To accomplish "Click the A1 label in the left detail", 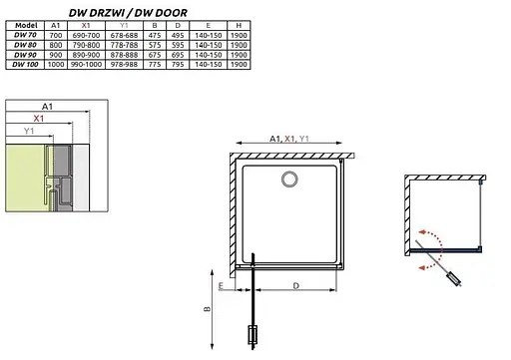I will click(48, 105).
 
